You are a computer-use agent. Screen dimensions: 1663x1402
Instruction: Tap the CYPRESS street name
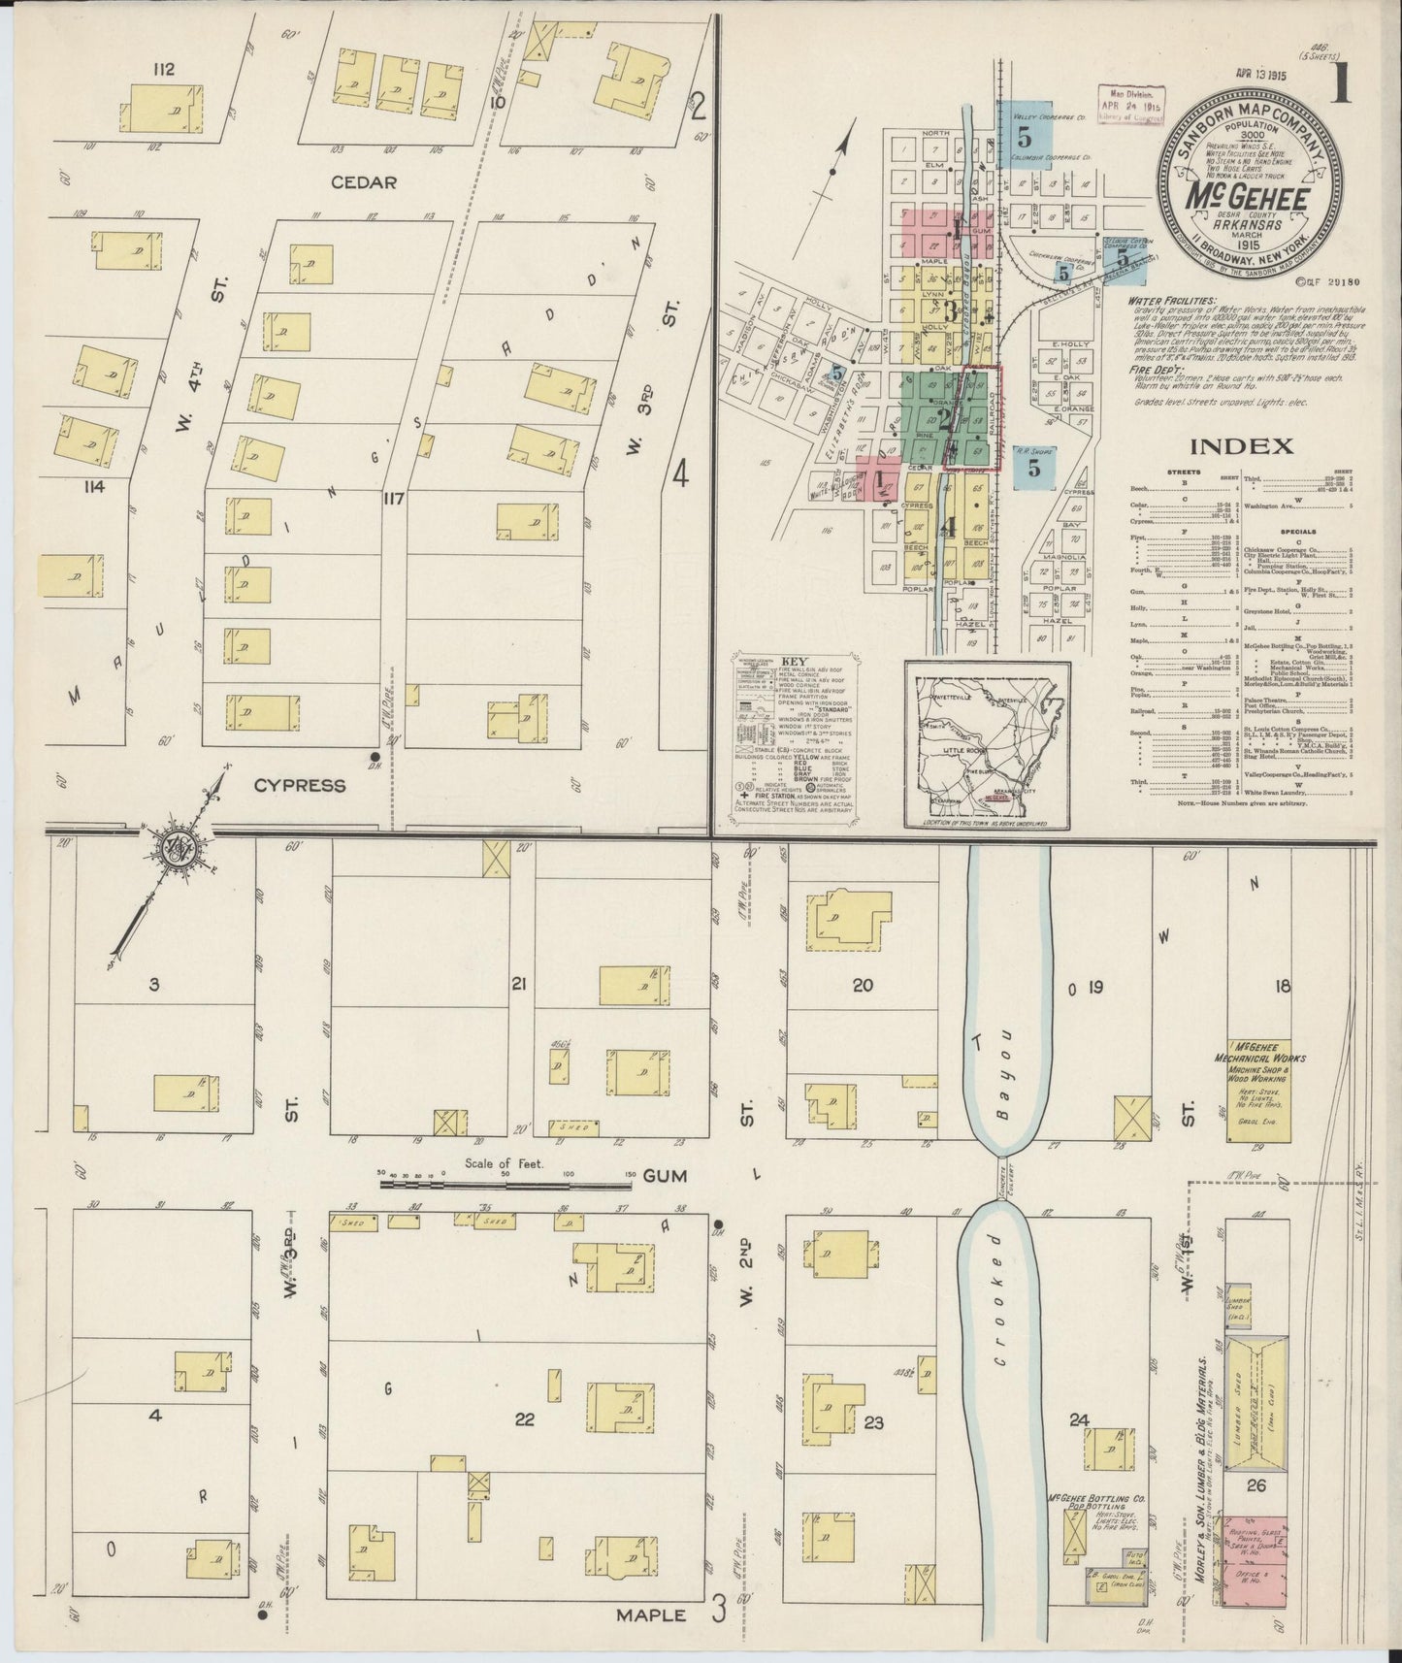coord(300,785)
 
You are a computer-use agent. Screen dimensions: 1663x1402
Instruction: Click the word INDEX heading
coord(1241,446)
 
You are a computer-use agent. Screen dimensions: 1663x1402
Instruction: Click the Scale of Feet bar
coord(505,1181)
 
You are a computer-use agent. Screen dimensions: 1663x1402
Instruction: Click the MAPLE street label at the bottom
coord(650,1614)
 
